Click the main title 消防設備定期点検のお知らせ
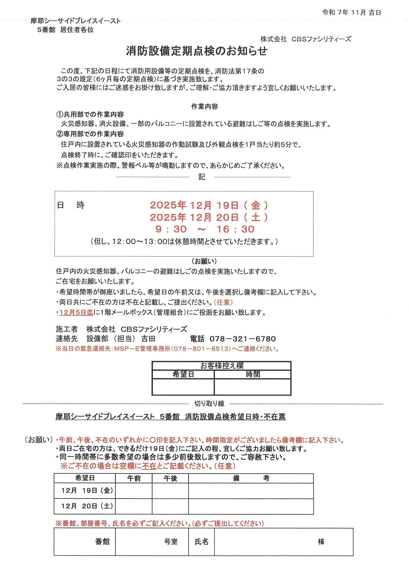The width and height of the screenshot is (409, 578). point(197,51)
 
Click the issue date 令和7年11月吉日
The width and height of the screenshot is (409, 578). point(352,13)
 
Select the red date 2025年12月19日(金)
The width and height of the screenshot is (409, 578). point(209,205)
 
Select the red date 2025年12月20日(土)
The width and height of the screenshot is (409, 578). point(209,217)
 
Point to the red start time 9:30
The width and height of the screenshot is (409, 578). point(171,229)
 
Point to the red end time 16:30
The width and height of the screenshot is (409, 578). point(235,229)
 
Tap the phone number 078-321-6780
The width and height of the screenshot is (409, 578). point(243,339)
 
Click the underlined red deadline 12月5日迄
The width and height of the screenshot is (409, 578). point(76,312)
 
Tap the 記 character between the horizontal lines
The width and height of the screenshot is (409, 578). point(202,177)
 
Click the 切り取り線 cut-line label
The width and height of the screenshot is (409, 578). point(209,403)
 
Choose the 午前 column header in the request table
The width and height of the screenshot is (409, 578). point(134,478)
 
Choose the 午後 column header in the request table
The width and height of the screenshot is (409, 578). point(171,478)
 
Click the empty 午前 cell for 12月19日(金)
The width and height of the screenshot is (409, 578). point(134,491)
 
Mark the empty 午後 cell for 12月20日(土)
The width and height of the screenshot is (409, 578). point(171,506)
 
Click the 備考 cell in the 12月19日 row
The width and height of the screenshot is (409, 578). point(251,491)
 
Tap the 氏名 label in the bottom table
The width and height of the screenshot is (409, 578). point(202,541)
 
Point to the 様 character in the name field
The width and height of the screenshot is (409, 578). point(321,541)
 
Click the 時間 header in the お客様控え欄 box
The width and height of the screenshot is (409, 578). point(253,374)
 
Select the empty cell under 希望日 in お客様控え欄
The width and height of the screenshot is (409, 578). point(183,387)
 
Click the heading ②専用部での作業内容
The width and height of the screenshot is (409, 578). point(90,134)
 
